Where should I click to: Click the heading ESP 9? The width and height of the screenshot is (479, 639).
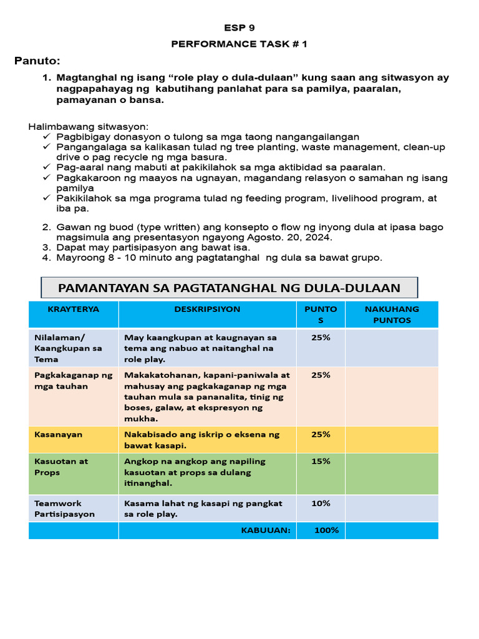tap(239, 27)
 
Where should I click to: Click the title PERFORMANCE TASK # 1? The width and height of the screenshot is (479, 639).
tap(239, 44)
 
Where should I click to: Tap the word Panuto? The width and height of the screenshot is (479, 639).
tap(37, 61)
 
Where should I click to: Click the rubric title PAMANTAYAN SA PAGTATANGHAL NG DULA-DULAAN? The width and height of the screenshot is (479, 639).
tap(229, 288)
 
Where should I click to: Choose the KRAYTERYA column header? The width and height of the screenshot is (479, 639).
tap(74, 309)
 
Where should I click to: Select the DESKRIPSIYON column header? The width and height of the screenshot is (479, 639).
tap(207, 309)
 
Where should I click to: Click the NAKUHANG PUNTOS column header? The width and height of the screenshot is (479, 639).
tap(392, 315)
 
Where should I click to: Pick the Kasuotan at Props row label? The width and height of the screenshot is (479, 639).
tap(61, 467)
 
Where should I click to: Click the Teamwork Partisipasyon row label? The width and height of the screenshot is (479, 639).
tap(65, 509)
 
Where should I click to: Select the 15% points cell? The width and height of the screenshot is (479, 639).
tap(321, 461)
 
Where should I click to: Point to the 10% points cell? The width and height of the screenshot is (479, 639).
tap(321, 503)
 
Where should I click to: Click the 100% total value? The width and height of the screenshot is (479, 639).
tap(326, 530)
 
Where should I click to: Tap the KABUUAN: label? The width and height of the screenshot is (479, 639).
tap(266, 530)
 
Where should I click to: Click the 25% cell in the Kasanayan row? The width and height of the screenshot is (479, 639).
tap(321, 434)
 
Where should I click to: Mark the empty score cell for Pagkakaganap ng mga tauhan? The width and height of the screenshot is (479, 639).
tap(392, 396)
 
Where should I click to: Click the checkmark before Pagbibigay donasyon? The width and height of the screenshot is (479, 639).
tap(47, 137)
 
